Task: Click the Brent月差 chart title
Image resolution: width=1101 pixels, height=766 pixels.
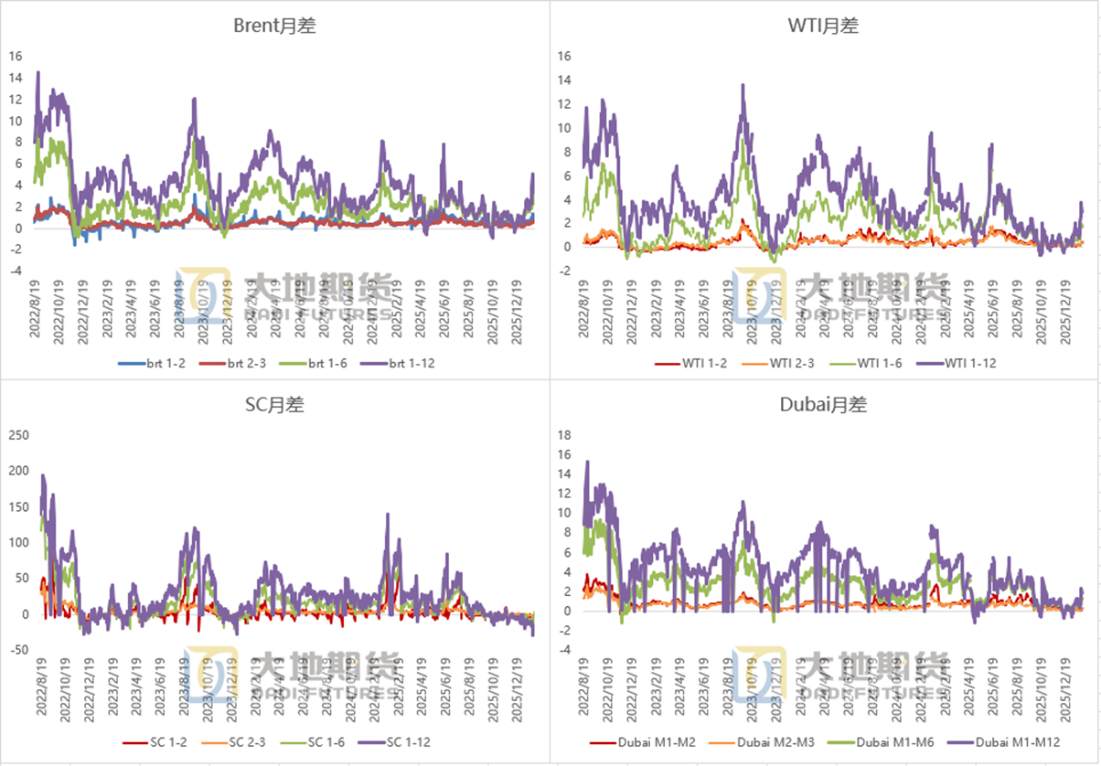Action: coord(275,26)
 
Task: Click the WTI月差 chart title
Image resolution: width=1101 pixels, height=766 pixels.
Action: coord(823,26)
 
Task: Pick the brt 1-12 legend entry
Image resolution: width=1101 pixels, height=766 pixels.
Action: coord(407,363)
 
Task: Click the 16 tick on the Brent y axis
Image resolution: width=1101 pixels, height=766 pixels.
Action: coord(15,56)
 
